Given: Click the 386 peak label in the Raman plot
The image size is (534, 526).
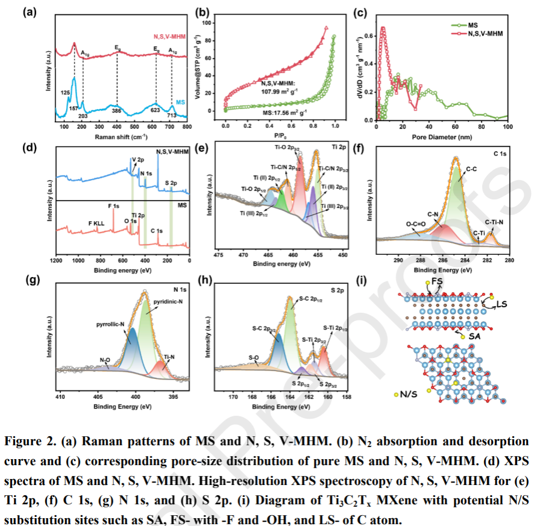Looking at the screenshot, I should coord(116,113).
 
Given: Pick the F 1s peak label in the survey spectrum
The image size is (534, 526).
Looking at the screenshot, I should coord(113,207).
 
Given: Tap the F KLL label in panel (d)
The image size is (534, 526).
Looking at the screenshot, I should coord(96,222).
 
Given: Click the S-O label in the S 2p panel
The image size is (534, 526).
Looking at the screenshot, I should coord(254,357).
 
